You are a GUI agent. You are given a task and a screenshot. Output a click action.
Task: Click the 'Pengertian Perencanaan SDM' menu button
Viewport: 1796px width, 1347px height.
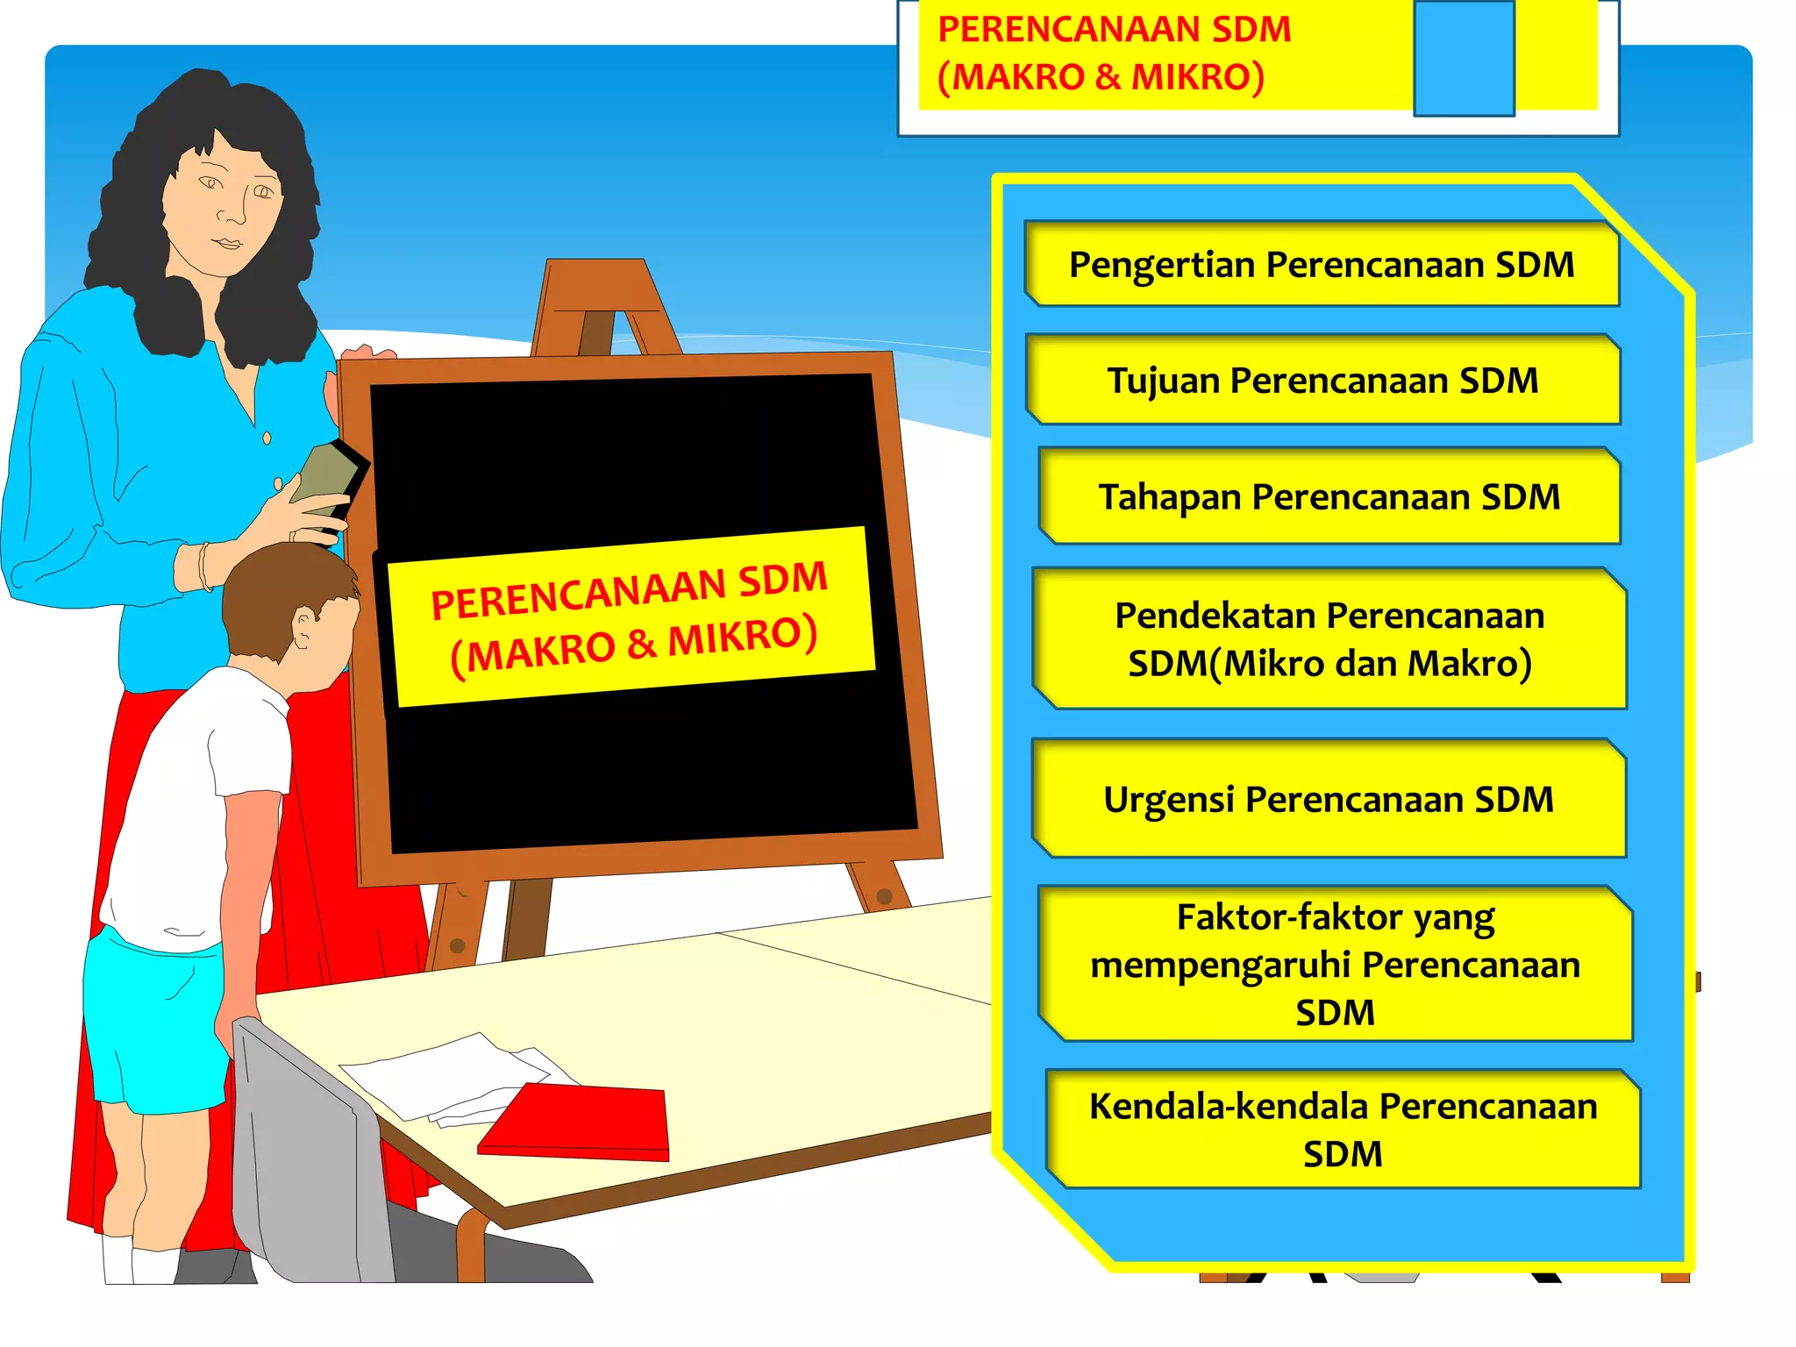click(1322, 264)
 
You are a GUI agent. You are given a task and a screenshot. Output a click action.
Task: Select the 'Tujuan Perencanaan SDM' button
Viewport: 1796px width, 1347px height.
click(1322, 381)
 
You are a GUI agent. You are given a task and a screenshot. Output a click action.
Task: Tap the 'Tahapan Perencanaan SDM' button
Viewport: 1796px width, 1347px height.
click(1329, 496)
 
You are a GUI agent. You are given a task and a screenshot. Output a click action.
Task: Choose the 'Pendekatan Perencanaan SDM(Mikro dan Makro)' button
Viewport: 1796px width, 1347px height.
click(1329, 639)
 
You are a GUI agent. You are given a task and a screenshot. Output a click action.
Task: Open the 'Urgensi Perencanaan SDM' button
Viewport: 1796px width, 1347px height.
click(1329, 799)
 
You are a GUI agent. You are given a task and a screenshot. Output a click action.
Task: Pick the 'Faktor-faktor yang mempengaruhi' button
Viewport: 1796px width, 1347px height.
click(1335, 964)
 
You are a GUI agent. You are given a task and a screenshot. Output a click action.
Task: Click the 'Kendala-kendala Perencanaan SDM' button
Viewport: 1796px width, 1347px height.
click(1343, 1130)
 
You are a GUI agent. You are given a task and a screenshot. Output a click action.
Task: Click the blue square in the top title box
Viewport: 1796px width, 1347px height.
click(1464, 58)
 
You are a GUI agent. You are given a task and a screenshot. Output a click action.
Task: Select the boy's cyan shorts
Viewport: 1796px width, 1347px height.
click(153, 1017)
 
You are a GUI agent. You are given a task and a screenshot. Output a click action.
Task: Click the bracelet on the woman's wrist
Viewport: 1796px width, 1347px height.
click(205, 566)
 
